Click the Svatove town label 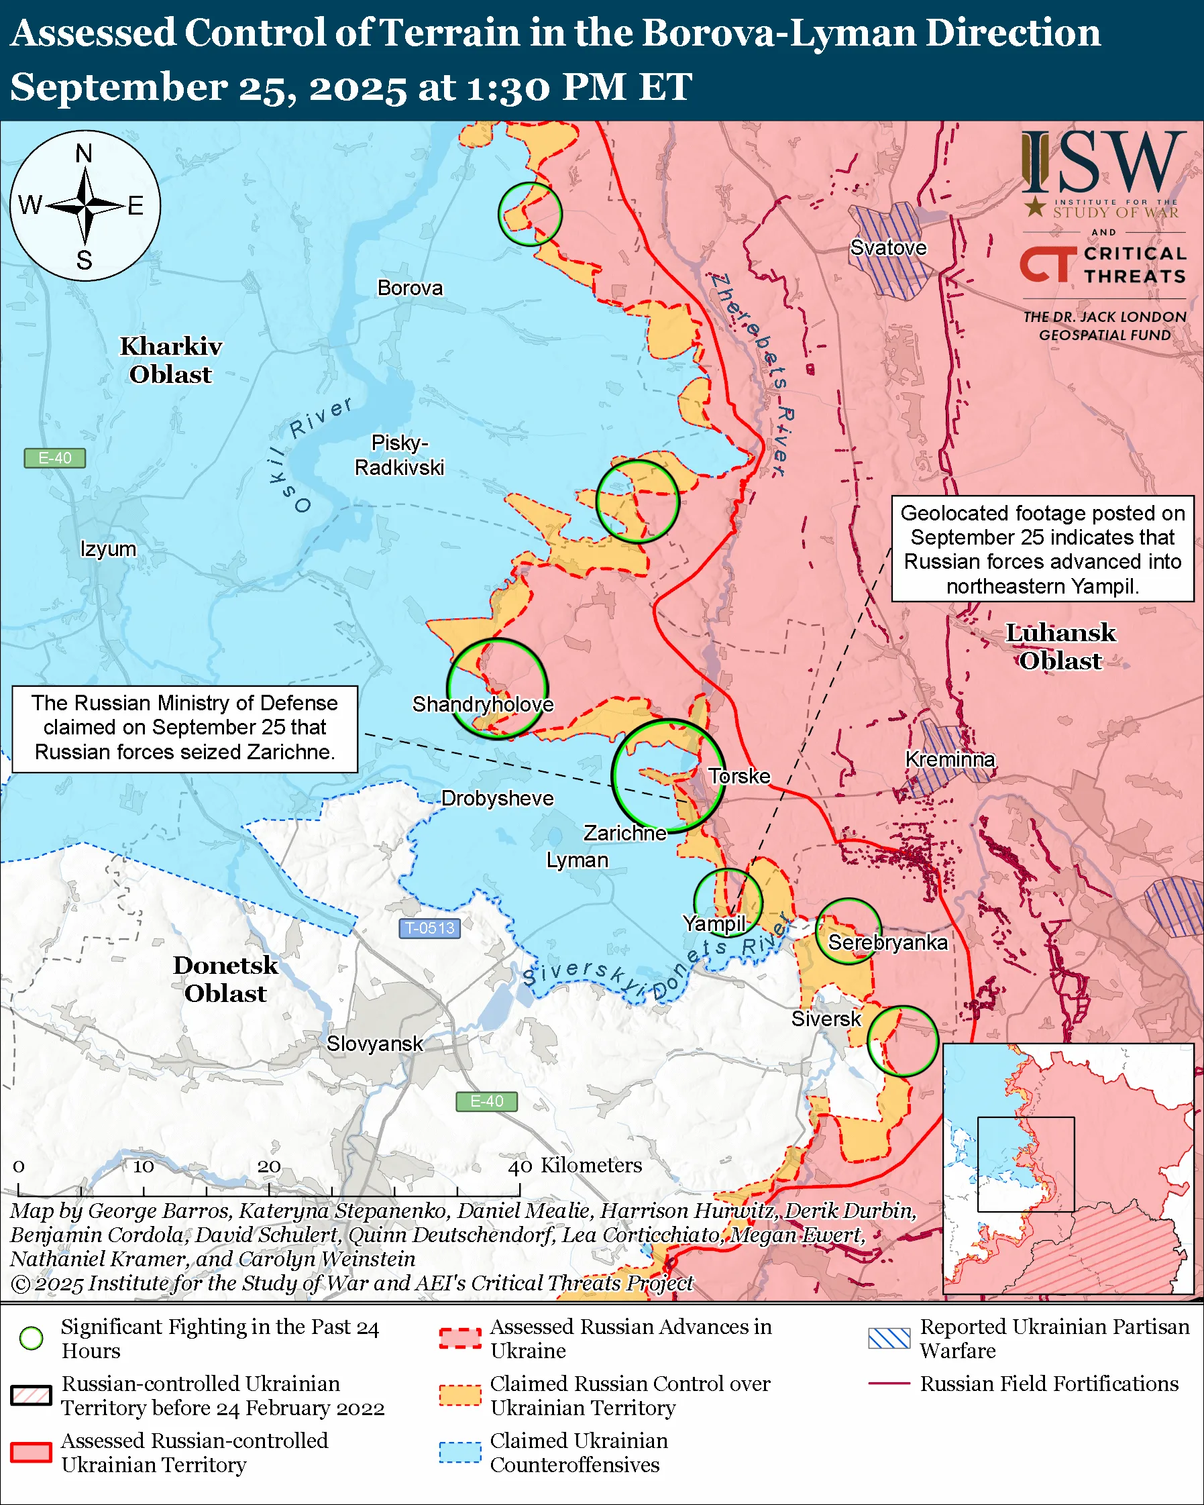pyautogui.click(x=888, y=247)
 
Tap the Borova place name pyautogui.click(x=410, y=288)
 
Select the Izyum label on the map pyautogui.click(x=108, y=549)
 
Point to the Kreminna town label pyautogui.click(x=949, y=759)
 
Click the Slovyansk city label pyautogui.click(x=374, y=1044)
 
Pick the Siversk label pyautogui.click(x=826, y=1019)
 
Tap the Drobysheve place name pyautogui.click(x=497, y=798)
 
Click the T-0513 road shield pyautogui.click(x=429, y=928)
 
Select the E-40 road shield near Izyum pyautogui.click(x=54, y=458)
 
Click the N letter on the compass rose pyautogui.click(x=84, y=153)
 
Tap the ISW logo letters pyautogui.click(x=1103, y=164)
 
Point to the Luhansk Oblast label pyautogui.click(x=1060, y=647)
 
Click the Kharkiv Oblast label pyautogui.click(x=171, y=360)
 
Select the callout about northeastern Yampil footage pyautogui.click(x=1042, y=549)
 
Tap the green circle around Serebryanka pyautogui.click(x=848, y=930)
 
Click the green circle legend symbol pyautogui.click(x=32, y=1338)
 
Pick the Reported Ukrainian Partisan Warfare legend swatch pyautogui.click(x=889, y=1338)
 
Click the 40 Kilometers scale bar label pyautogui.click(x=574, y=1165)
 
